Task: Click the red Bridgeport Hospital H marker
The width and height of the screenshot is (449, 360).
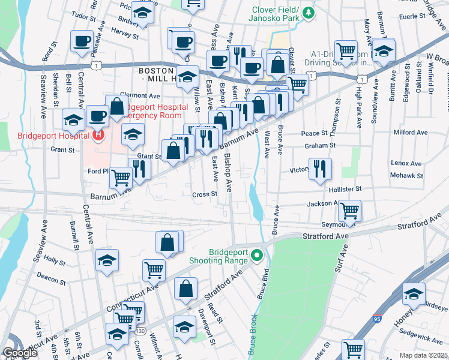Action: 98,135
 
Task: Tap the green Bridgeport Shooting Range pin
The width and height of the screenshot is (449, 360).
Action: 258,256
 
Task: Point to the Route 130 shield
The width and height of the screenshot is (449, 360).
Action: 140,331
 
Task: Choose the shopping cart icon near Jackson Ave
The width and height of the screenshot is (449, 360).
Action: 349,211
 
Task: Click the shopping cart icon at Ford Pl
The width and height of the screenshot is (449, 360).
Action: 121,178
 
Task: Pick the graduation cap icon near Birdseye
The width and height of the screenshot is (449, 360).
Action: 414,293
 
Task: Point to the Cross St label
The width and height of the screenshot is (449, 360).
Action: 204,194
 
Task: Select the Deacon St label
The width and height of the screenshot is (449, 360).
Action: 51,279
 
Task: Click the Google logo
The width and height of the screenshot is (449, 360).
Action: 20,353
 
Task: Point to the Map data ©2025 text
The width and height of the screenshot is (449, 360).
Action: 424,355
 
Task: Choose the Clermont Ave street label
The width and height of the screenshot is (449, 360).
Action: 140,95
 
